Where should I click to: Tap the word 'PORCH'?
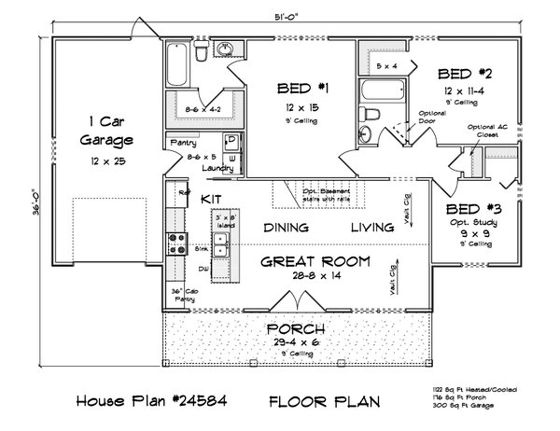[x=297, y=329]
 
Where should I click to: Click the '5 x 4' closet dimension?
[x=385, y=66]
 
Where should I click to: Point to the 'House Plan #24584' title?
[x=152, y=402]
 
